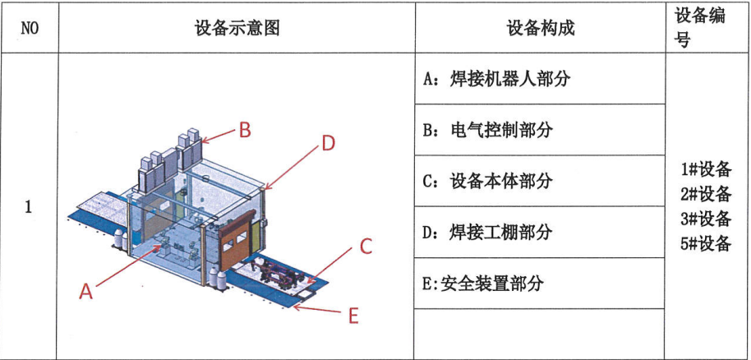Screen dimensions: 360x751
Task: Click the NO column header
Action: click(29, 28)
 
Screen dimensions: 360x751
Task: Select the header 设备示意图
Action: click(237, 28)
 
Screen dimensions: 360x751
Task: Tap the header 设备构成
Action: click(540, 28)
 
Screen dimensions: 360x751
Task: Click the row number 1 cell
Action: click(29, 206)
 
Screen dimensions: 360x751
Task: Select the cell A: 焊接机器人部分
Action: click(496, 80)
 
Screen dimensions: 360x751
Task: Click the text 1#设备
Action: click(706, 170)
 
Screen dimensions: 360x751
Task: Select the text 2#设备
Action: click(706, 194)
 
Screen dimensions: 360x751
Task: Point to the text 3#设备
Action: click(706, 219)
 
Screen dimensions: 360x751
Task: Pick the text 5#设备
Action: click(706, 243)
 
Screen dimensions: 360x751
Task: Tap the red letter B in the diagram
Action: click(245, 129)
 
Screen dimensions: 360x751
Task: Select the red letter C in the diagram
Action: click(366, 246)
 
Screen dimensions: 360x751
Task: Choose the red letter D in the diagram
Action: click(328, 143)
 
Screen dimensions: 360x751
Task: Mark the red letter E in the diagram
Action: click(353, 315)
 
